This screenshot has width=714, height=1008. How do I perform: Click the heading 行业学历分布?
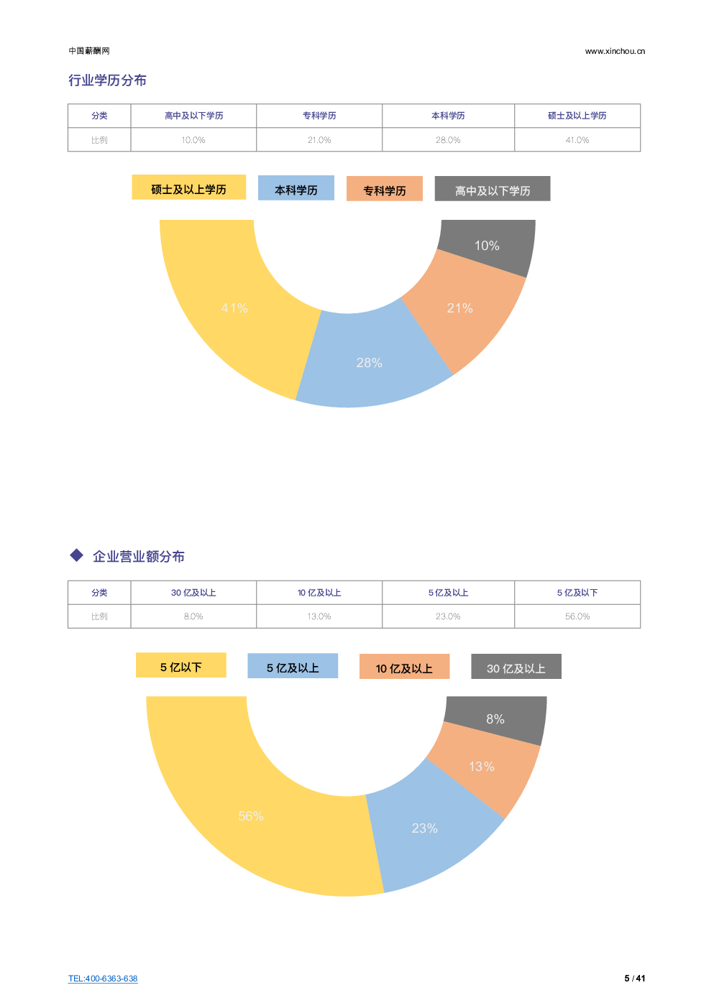(107, 80)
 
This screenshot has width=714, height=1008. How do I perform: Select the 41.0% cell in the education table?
(577, 140)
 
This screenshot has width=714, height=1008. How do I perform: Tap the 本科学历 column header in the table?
(448, 116)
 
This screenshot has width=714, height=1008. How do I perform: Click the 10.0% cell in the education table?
(193, 140)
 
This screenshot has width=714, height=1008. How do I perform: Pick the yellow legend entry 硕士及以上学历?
(188, 188)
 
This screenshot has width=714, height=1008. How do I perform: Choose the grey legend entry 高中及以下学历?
(492, 190)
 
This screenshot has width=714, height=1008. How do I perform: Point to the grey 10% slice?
(488, 246)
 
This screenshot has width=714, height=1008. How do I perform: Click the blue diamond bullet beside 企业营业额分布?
(77, 555)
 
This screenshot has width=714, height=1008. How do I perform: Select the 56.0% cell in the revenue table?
(577, 616)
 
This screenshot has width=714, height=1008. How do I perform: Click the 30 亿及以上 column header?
(193, 593)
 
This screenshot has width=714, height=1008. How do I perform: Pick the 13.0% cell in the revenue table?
(319, 616)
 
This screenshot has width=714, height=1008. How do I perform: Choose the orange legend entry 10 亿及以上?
(404, 667)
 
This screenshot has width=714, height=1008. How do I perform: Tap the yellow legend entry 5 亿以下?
(180, 666)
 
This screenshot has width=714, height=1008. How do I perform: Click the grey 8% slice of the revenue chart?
(495, 718)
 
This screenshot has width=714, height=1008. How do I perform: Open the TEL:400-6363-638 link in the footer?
(103, 979)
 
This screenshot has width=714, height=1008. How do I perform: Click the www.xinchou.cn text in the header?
(615, 51)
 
